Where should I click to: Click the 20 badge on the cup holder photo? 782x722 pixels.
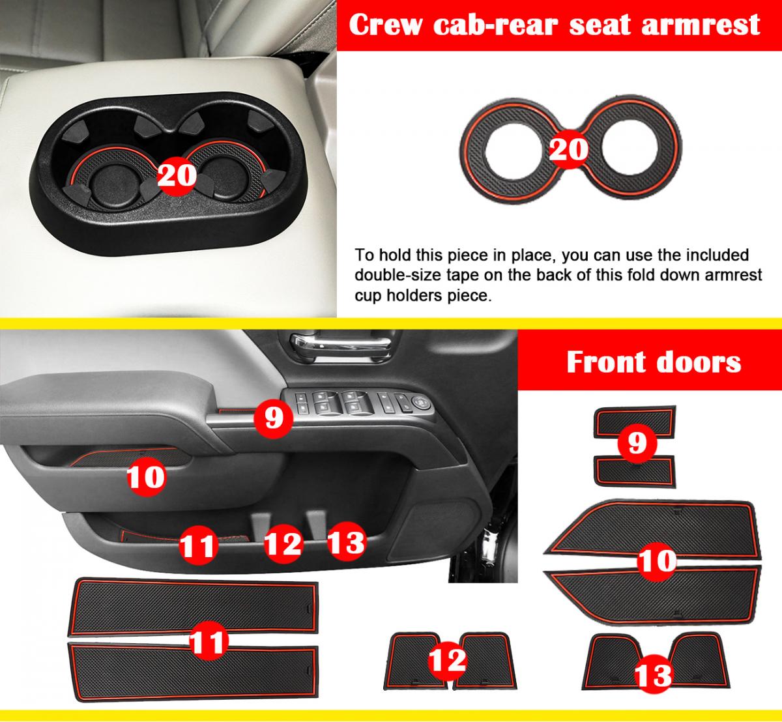coord(177,175)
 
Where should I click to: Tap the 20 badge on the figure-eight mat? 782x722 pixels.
coord(569,149)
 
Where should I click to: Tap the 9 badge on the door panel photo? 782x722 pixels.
coord(274,418)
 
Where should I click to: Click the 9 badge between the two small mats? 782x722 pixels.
coord(637,444)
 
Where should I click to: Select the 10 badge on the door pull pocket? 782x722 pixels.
coord(146,476)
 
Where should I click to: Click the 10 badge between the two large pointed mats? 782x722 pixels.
coord(657,561)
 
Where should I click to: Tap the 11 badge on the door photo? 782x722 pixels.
coord(198,546)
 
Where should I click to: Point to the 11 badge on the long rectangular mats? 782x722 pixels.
coord(209,641)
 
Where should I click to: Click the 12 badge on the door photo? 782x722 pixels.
coord(283,544)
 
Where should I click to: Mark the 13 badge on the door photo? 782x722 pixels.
coord(347,541)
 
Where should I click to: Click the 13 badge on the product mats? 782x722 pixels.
coord(654,674)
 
